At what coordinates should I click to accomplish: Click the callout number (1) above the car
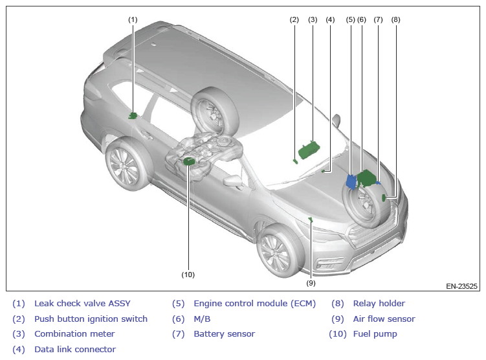[x=133, y=19]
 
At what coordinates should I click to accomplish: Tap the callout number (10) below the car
[x=188, y=275]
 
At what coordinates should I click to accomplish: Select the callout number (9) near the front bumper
[x=311, y=283]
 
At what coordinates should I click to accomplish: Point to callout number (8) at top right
[x=396, y=19]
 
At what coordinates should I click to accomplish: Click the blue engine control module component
[x=351, y=181]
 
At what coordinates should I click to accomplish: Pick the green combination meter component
[x=307, y=150]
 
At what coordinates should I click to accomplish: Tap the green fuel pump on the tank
[x=190, y=161]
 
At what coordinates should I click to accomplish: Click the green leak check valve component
[x=133, y=116]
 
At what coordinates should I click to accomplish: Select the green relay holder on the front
[x=384, y=197]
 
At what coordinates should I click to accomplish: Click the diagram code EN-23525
[x=461, y=286]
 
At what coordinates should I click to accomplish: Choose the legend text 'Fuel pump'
[x=375, y=334]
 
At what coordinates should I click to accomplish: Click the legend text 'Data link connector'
[x=75, y=350]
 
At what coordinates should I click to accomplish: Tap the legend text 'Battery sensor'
[x=224, y=334]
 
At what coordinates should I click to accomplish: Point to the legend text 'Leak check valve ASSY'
[x=82, y=303]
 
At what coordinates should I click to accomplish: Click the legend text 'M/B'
[x=202, y=319]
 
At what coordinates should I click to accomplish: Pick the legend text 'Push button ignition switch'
[x=91, y=319]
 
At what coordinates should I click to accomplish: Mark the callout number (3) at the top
[x=313, y=19]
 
